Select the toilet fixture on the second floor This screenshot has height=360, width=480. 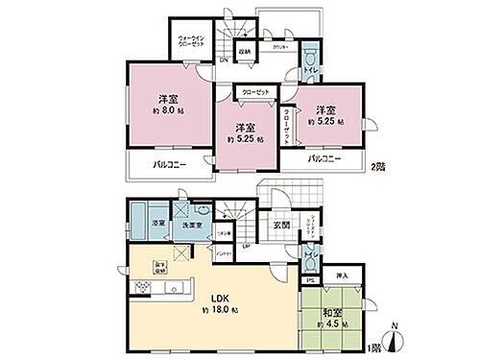(310, 55)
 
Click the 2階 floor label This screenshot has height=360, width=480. (376, 165)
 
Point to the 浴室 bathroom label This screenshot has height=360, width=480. (157, 223)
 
